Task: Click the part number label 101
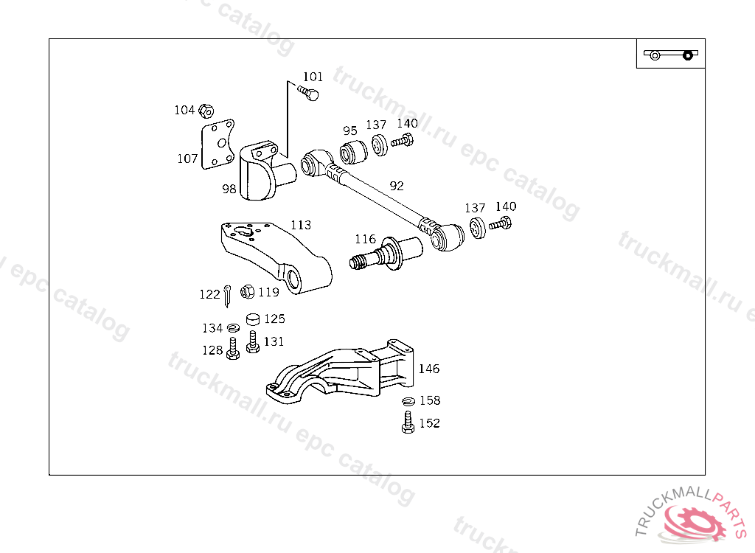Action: pyautogui.click(x=313, y=77)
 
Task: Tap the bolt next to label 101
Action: pyautogui.click(x=310, y=93)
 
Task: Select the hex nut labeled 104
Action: pyautogui.click(x=206, y=111)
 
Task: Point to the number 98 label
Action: pyautogui.click(x=229, y=189)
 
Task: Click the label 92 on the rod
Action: pyautogui.click(x=397, y=186)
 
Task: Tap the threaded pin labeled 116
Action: pyautogui.click(x=383, y=255)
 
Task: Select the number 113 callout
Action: pyautogui.click(x=300, y=225)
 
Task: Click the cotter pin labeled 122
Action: pyautogui.click(x=229, y=293)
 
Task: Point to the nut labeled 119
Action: pyautogui.click(x=248, y=292)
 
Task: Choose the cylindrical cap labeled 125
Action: pyautogui.click(x=254, y=319)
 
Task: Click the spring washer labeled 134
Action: pyautogui.click(x=234, y=327)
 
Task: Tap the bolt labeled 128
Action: pyautogui.click(x=233, y=349)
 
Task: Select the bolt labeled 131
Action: pyautogui.click(x=253, y=342)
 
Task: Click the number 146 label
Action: pyautogui.click(x=429, y=369)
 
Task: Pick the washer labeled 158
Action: pyautogui.click(x=408, y=401)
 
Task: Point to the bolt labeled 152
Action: pyautogui.click(x=408, y=423)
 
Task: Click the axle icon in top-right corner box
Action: pyautogui.click(x=670, y=54)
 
